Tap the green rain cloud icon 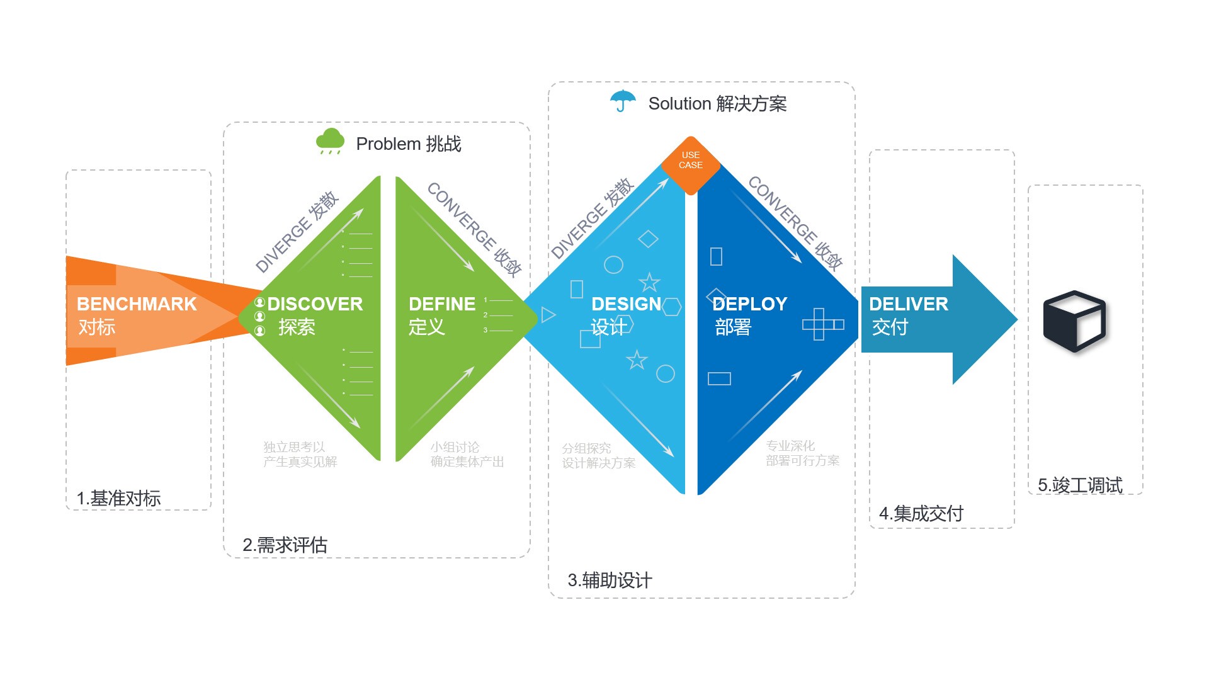coord(330,141)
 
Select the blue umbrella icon coord(623,101)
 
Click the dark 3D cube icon coord(1074,320)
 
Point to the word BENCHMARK coord(137,304)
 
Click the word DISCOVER coord(315,304)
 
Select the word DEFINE coord(442,304)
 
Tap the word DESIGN coord(626,304)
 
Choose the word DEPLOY coord(750,304)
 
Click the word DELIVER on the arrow coord(908,304)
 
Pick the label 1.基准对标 coord(118,498)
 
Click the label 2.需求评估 coord(285,545)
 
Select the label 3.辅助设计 coord(610,580)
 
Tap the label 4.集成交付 coord(921,513)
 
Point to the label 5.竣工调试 coord(1080,485)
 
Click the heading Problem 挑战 coord(409,144)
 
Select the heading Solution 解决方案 coord(717,103)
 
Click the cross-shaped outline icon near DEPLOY coord(820,324)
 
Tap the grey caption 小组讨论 coord(455,447)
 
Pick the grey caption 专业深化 coord(790,446)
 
